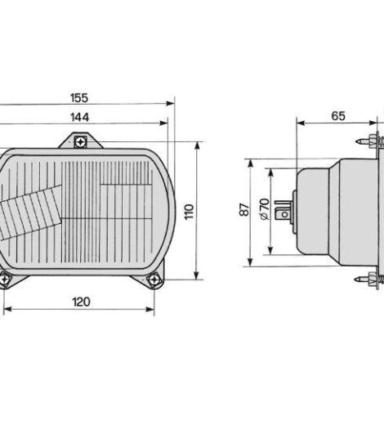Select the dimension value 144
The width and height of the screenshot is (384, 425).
(78, 118)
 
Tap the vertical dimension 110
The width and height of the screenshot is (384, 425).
(189, 212)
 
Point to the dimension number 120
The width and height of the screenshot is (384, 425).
(80, 302)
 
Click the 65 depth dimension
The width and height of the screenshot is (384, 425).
(337, 116)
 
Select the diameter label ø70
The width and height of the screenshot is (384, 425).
(264, 211)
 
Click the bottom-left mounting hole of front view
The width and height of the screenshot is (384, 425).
(6, 280)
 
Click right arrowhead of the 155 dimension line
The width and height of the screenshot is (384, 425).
(172, 104)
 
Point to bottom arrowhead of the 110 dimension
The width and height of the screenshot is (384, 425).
(197, 276)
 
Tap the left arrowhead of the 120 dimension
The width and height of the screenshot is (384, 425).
(7, 310)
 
